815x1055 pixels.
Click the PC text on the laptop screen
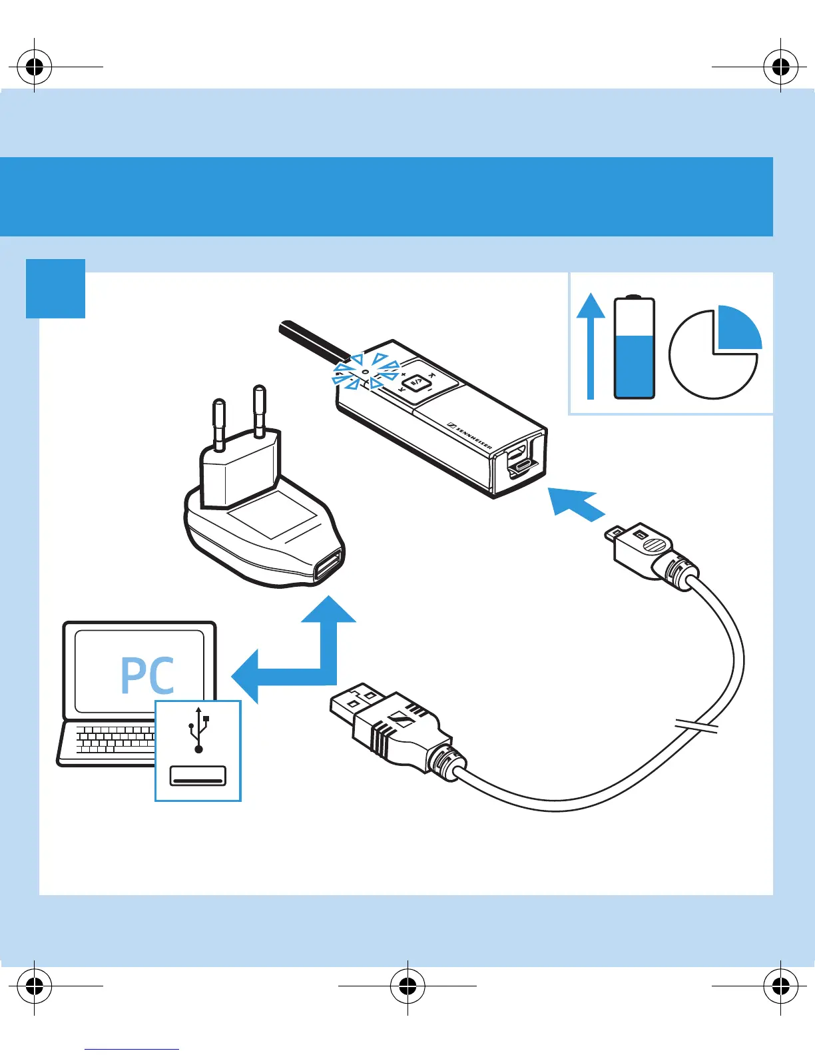pos(147,675)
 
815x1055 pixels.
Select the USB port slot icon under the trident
pos(198,776)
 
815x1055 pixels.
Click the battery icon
pos(634,348)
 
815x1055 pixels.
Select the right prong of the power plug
pos(259,410)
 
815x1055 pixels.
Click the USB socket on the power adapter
pos(328,566)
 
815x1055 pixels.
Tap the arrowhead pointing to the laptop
pos(246,675)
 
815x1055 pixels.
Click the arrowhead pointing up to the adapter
pos(328,611)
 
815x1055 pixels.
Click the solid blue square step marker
pos(56,288)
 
